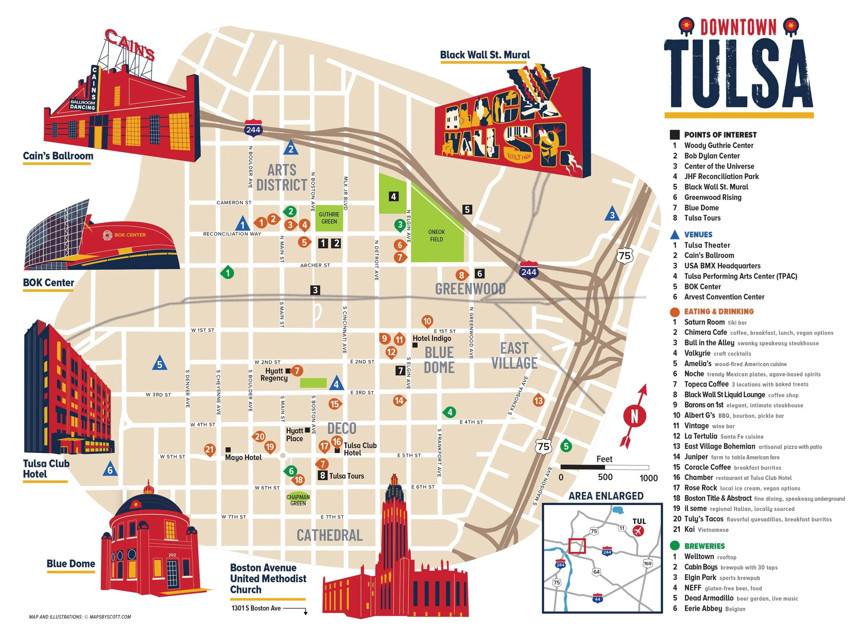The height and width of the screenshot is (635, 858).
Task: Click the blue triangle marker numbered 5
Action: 160,363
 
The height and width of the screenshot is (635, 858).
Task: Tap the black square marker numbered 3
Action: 315,290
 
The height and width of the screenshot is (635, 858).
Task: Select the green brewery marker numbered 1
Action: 228,273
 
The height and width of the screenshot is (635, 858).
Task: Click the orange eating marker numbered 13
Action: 538,401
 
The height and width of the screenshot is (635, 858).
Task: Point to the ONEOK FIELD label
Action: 437,235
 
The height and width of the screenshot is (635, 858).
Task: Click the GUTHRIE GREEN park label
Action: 329,218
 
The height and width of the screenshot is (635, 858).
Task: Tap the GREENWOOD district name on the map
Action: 470,289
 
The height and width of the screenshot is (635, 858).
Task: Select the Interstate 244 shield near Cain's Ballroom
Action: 253,129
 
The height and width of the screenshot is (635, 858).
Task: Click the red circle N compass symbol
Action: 634,416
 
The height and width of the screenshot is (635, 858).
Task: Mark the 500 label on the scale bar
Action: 605,477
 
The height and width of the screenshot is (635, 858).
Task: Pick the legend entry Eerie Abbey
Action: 703,609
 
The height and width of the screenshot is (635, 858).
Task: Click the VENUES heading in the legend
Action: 698,234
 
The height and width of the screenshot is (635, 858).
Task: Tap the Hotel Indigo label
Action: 431,338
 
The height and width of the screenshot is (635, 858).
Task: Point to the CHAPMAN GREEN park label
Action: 298,500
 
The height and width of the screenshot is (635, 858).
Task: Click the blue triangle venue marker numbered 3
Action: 612,215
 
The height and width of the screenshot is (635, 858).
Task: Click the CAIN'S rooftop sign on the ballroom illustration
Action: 130,45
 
